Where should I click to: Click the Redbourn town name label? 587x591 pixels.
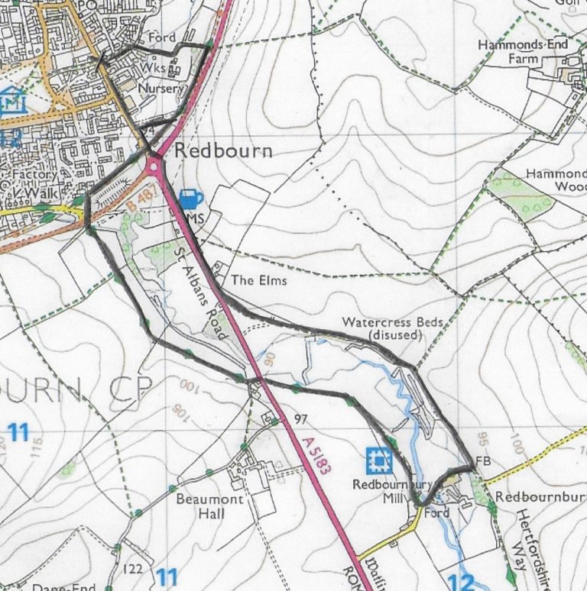pos(223,150)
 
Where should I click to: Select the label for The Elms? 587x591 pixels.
pos(259,280)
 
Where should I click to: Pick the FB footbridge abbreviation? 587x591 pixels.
pos(482,461)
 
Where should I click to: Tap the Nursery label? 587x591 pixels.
pos(161,89)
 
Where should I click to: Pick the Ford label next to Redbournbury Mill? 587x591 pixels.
pos(437,513)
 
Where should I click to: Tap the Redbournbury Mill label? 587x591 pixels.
pos(387,490)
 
